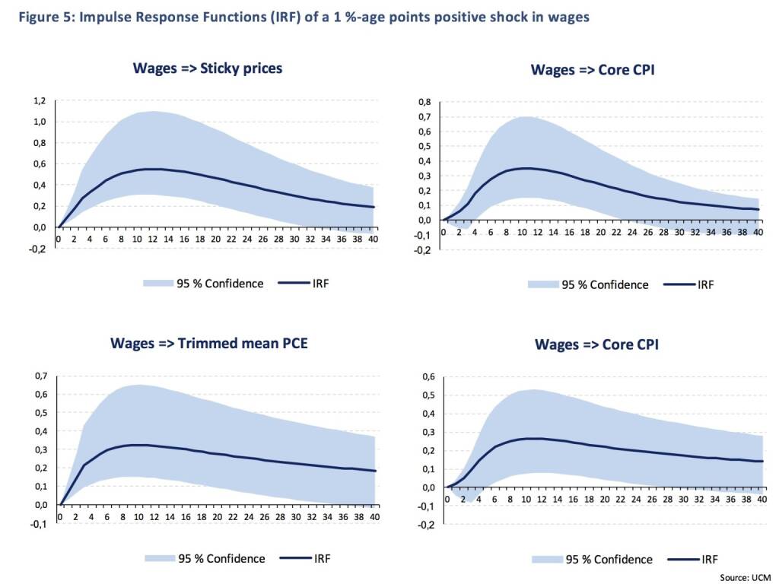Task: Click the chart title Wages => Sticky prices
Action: (x=208, y=68)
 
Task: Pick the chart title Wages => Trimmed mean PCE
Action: (x=209, y=343)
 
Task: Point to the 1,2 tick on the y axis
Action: (x=40, y=101)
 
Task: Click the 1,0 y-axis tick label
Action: (x=40, y=122)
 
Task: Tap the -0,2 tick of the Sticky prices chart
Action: (x=38, y=249)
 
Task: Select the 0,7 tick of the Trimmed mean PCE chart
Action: (x=41, y=376)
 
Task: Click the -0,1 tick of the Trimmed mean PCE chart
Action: (x=40, y=523)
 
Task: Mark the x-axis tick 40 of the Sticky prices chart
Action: (x=373, y=239)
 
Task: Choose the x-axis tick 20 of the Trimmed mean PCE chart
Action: (x=217, y=516)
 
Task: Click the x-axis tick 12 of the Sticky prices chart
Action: (x=152, y=239)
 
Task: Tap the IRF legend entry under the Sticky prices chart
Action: (x=304, y=284)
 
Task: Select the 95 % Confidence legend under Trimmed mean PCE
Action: (x=205, y=559)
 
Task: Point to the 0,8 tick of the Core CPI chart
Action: (x=424, y=103)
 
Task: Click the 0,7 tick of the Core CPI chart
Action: (x=424, y=117)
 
